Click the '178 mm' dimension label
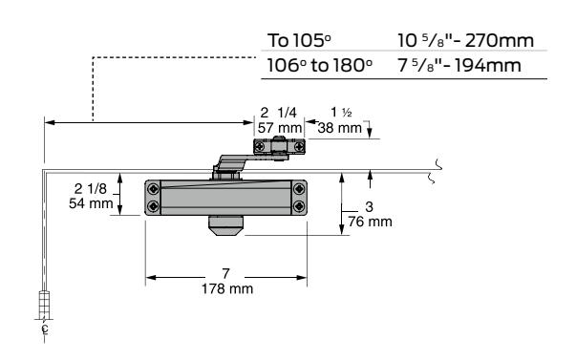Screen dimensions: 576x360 click(227, 288)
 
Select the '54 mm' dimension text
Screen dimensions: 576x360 click(91, 203)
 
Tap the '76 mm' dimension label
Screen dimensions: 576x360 click(370, 222)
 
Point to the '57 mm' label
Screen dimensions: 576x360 click(280, 128)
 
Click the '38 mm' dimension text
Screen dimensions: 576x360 click(340, 128)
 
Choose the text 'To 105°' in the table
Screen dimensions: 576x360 click(299, 40)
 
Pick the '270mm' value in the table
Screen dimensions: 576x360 click(500, 40)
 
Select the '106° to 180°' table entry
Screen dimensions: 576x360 click(319, 65)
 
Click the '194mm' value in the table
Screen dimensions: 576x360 click(488, 65)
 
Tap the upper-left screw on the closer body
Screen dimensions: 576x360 click(153, 190)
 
